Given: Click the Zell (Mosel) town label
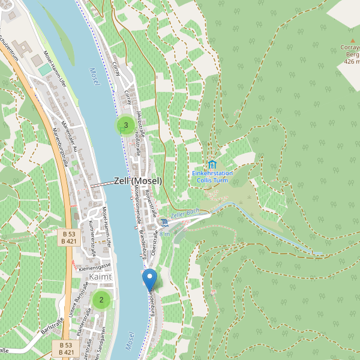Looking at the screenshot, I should coord(137,181).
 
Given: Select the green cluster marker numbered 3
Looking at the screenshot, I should coord(125,125).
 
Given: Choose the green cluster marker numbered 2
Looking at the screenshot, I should coord(101,300).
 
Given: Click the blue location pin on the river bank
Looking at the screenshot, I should coord(149,280).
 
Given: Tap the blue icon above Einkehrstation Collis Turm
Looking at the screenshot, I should coord(212,164).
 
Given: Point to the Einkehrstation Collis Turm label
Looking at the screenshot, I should coord(212,176).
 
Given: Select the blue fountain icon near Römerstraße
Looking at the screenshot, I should coord(164,223).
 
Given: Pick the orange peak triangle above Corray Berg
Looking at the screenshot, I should coord(352,40).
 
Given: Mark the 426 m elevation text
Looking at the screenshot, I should coord(352,61).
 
